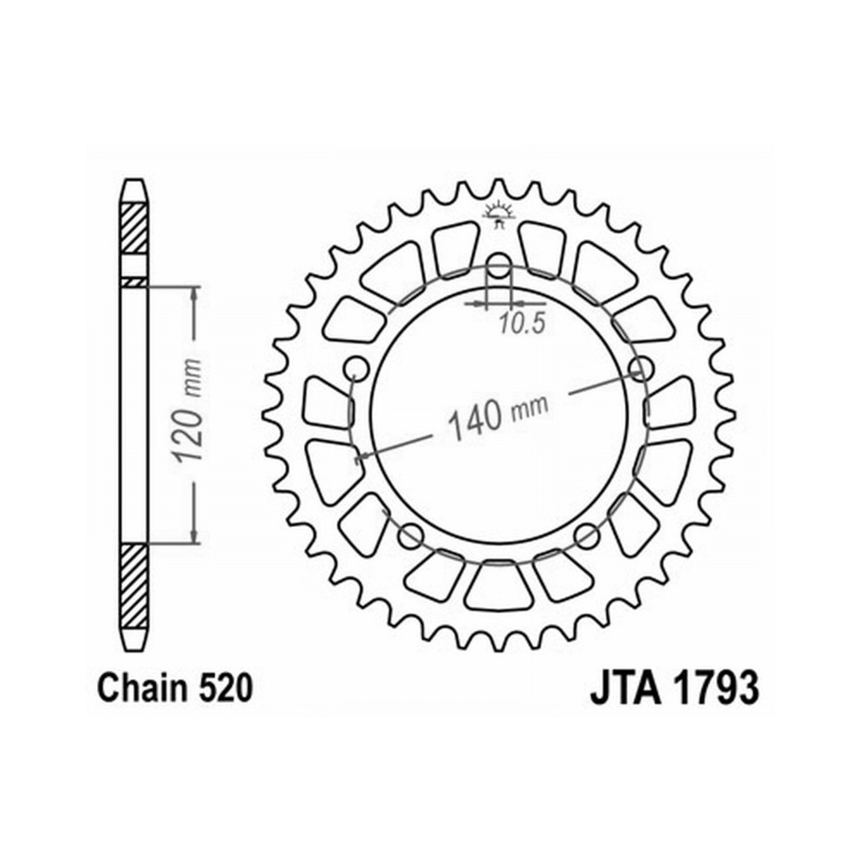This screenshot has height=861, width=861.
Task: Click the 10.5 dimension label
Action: [x=523, y=324]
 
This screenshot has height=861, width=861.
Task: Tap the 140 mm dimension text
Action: [x=498, y=413]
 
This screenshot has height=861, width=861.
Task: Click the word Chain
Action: [x=140, y=688]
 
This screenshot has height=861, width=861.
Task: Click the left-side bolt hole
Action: [x=356, y=368]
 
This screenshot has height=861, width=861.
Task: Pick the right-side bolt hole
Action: [x=641, y=367]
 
